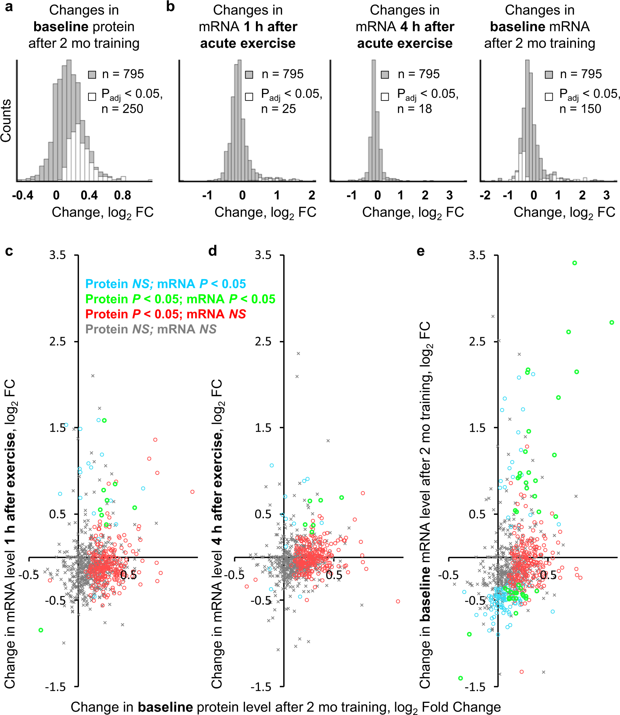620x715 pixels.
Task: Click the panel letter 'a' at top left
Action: coord(9,7)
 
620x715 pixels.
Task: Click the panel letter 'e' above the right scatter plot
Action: coord(420,251)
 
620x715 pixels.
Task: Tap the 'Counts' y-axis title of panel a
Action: coord(6,121)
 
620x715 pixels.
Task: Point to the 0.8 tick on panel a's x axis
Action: coord(122,196)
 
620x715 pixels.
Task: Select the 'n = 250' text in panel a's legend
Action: coord(122,109)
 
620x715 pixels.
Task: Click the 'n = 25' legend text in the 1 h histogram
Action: coord(278,109)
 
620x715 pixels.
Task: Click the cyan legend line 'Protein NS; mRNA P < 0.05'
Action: coord(166,284)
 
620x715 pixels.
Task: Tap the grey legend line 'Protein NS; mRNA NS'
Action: coord(151,329)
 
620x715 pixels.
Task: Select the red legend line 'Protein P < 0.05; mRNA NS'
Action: coord(166,314)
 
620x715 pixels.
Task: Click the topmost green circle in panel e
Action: coord(574,263)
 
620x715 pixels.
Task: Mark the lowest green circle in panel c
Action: coord(41,630)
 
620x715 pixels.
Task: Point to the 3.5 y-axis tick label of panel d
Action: coord(263,255)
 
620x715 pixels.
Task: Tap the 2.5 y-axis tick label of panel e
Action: coord(477,341)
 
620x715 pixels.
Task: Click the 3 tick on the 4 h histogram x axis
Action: coord(450,196)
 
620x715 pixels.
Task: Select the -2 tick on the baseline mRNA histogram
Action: coord(485,196)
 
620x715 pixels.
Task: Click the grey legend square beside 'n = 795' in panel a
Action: coord(92,75)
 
